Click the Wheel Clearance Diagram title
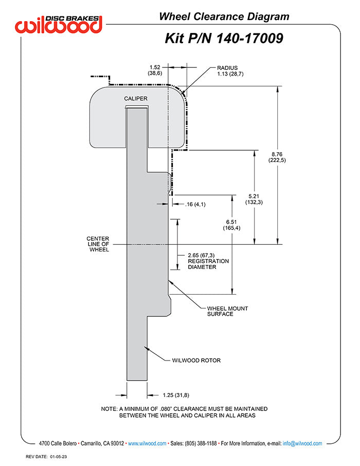pos(224,16)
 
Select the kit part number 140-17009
pos(224,38)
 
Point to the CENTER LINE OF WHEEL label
pos(98,244)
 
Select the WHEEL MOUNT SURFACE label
pos(227,311)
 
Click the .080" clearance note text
pos(184,412)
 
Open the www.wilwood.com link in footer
pos(147,443)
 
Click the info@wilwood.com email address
pos(302,443)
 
